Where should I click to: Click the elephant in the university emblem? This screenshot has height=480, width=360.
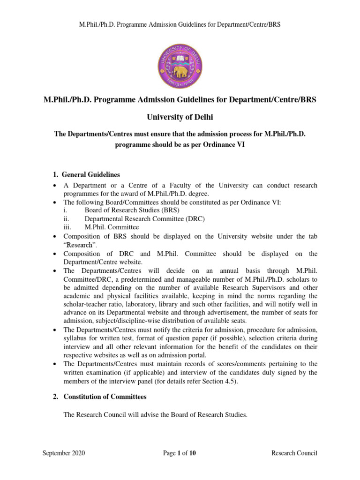tap(180, 72)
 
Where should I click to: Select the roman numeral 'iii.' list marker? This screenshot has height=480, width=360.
tap(67, 227)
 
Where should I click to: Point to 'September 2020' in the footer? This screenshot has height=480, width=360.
tap(64, 453)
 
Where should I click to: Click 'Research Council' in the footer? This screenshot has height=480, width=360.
tap(294, 453)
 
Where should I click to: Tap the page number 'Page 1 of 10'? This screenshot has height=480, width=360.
tap(180, 453)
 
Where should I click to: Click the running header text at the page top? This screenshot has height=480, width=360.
tap(180, 24)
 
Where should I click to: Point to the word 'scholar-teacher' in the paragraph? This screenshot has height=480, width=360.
tap(87, 304)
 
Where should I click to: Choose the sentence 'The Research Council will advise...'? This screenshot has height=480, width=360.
tap(155, 415)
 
